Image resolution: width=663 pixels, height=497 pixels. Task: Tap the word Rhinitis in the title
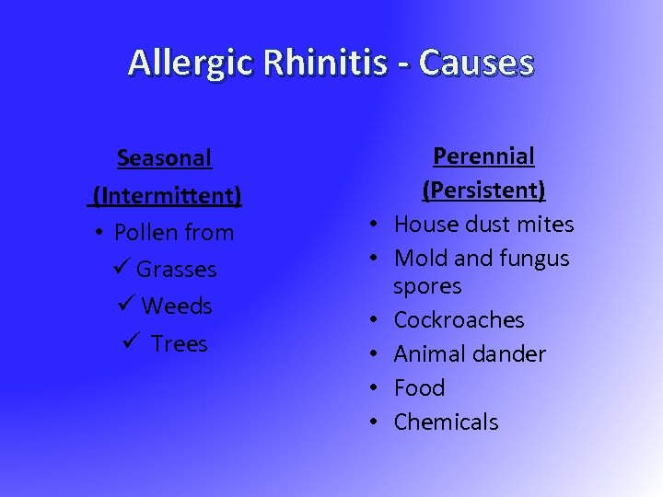click(x=309, y=63)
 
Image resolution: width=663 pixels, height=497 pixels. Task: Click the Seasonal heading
click(x=165, y=158)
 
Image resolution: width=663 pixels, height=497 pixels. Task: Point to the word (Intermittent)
click(x=166, y=196)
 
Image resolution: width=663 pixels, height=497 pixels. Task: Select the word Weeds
click(x=177, y=306)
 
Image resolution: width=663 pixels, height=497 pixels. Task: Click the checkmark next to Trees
click(x=130, y=343)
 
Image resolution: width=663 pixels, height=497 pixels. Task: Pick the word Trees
click(x=180, y=343)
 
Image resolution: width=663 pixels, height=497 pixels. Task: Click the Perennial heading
click(x=483, y=156)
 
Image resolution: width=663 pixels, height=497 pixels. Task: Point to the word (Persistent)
click(x=483, y=191)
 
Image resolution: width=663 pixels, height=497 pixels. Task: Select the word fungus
click(x=534, y=259)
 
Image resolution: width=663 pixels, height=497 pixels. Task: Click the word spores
click(x=427, y=286)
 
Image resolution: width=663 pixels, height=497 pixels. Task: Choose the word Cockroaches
click(x=459, y=320)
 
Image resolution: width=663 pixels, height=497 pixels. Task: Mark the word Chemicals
click(x=446, y=422)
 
